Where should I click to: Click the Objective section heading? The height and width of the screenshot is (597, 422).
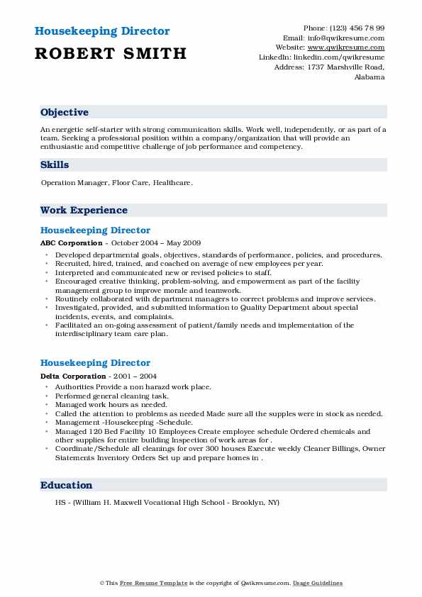point(65,112)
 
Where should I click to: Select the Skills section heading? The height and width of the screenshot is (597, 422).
point(55,164)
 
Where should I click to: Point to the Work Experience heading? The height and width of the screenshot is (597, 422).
point(84,210)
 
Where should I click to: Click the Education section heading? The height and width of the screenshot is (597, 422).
point(66,485)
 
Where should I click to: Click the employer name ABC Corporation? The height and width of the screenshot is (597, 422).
point(72,243)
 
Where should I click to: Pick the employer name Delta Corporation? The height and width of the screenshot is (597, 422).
point(74,376)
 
